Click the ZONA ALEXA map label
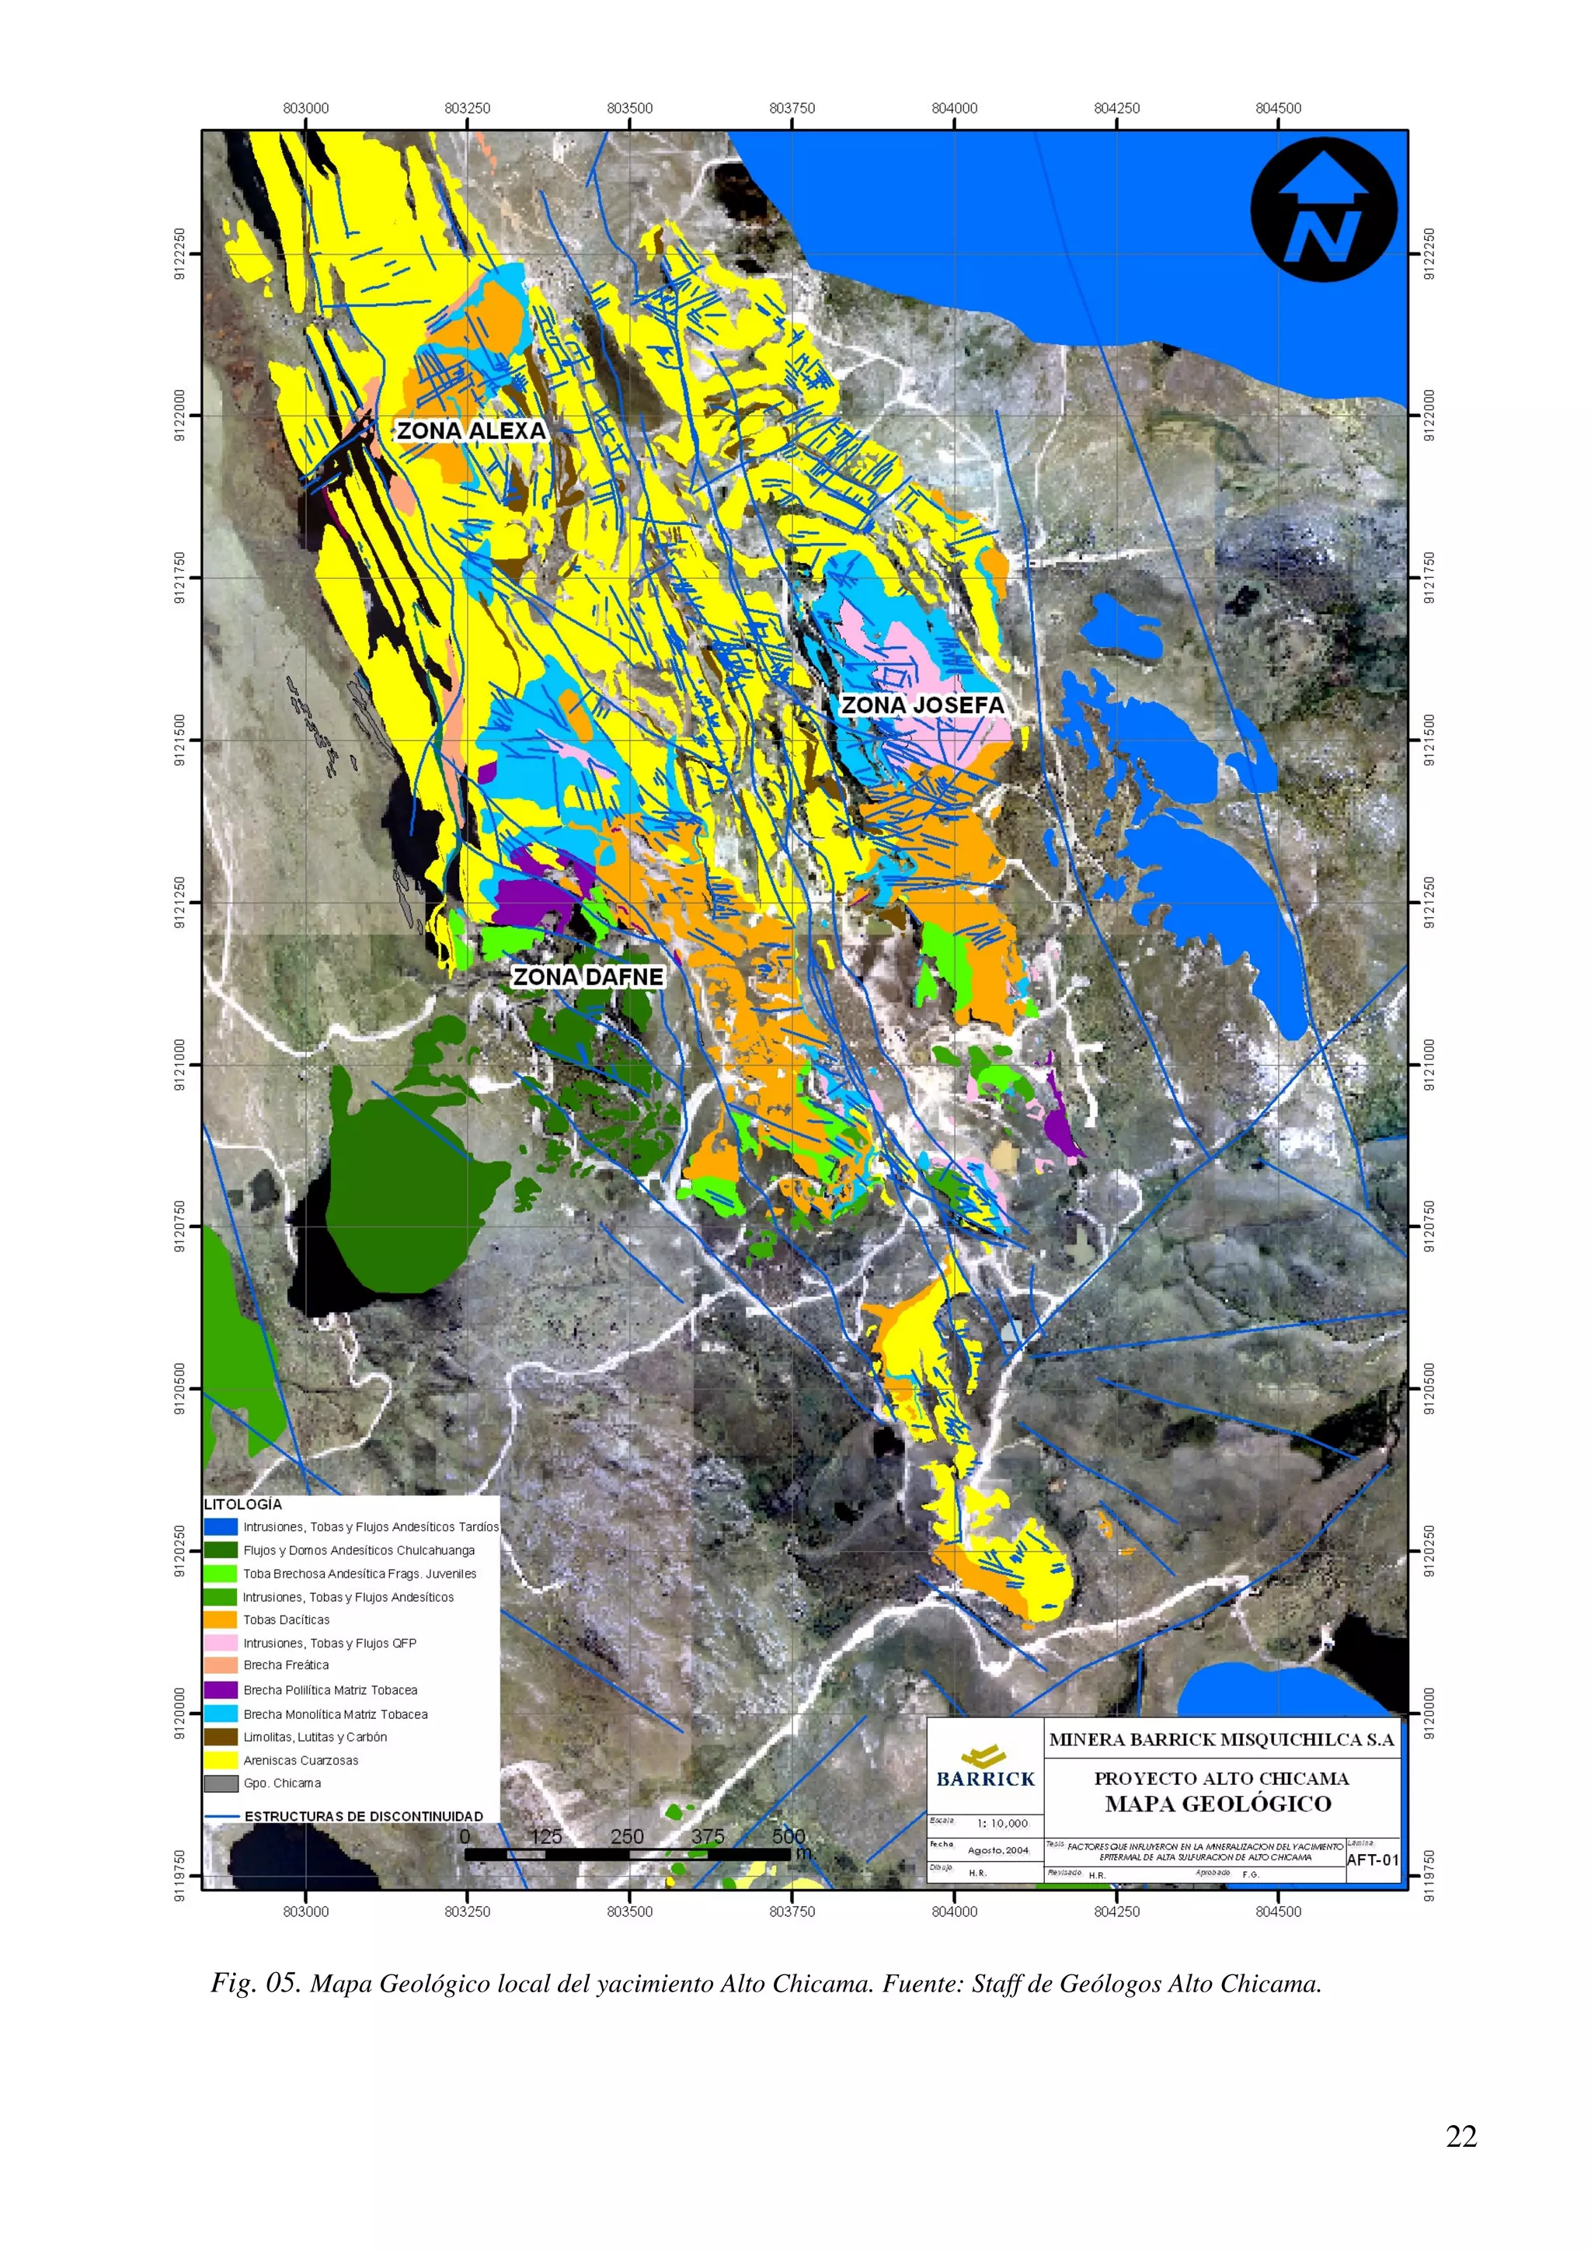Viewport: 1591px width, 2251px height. [471, 430]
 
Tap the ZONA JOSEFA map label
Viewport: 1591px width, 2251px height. [922, 705]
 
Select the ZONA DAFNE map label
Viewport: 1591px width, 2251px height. [588, 976]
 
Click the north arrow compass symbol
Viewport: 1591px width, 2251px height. [1324, 209]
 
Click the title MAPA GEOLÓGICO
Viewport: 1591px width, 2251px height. [1218, 1803]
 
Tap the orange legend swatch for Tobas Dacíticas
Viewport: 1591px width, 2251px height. [221, 1620]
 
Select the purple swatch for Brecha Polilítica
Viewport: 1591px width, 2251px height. [221, 1690]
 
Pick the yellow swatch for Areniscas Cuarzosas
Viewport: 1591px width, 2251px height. [221, 1761]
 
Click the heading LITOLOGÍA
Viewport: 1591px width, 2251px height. [243, 1504]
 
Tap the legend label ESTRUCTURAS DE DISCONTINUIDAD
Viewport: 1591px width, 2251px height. [364, 1817]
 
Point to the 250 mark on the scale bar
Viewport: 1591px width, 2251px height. [626, 1836]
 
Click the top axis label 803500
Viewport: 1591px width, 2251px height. [629, 108]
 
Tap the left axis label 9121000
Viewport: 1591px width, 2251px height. [179, 1065]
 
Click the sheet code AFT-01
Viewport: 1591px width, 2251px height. [1373, 1860]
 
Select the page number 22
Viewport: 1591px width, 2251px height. [1460, 2136]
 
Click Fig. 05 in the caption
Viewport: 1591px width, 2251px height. [255, 1983]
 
